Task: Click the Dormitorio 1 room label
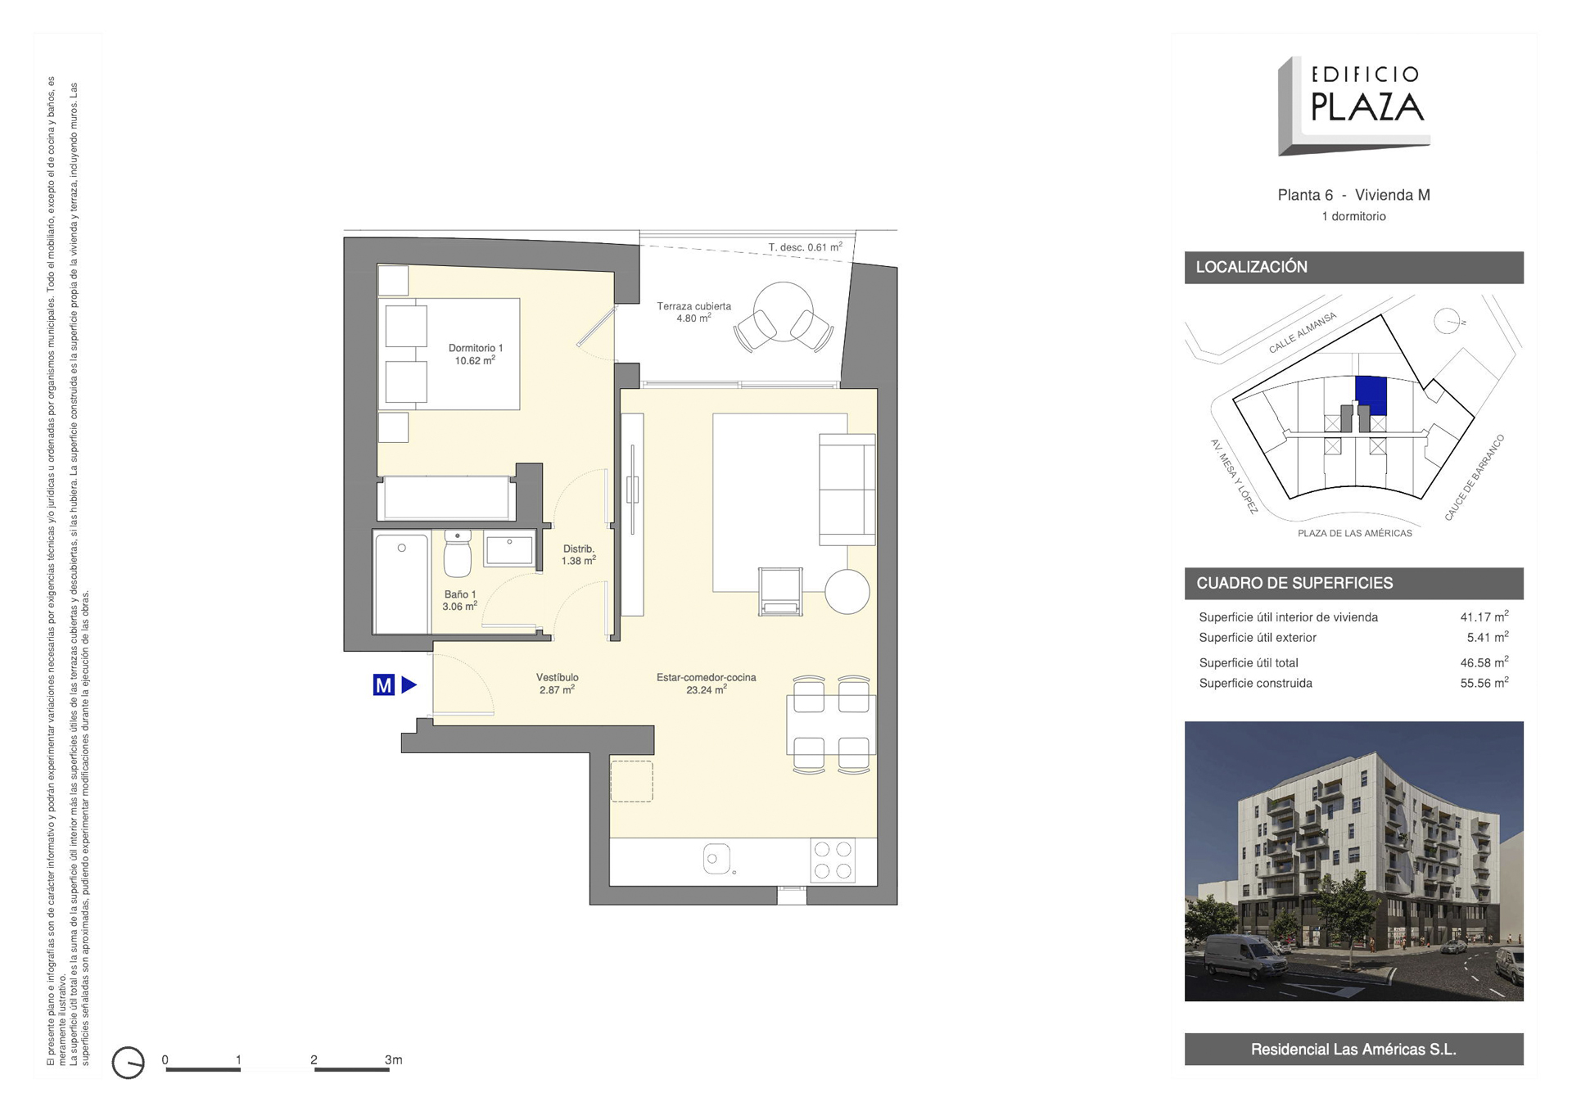pyautogui.click(x=476, y=354)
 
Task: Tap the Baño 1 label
pyautogui.click(x=459, y=600)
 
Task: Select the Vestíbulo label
pyautogui.click(x=557, y=684)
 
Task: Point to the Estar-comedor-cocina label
pyautogui.click(x=706, y=684)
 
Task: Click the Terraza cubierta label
pyautogui.click(x=693, y=312)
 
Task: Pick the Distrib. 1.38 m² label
pyautogui.click(x=578, y=554)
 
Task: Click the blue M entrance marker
pyautogui.click(x=383, y=684)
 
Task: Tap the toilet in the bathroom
pyautogui.click(x=458, y=553)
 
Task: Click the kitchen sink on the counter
pyautogui.click(x=716, y=859)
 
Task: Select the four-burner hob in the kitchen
pyautogui.click(x=833, y=860)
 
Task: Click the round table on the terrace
pyautogui.click(x=784, y=312)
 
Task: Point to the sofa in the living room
pyautogui.click(x=847, y=489)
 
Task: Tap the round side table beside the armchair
pyautogui.click(x=847, y=591)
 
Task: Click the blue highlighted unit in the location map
pyautogui.click(x=1371, y=396)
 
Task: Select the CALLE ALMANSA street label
pyautogui.click(x=1302, y=332)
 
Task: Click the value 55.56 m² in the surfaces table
pyautogui.click(x=1484, y=683)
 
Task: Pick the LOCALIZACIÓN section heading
pyautogui.click(x=1251, y=267)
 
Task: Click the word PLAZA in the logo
pyautogui.click(x=1367, y=106)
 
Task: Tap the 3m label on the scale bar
pyautogui.click(x=393, y=1059)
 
